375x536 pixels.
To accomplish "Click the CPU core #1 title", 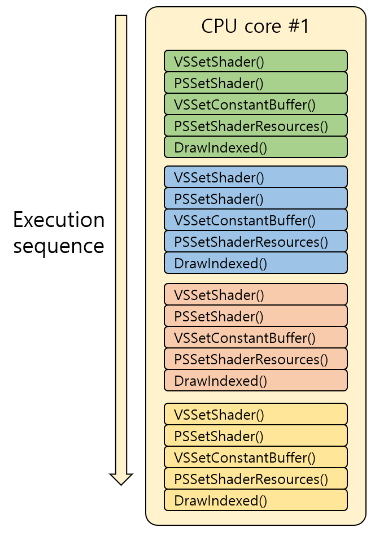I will pos(255,27).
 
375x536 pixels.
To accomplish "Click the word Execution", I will pos(59,220).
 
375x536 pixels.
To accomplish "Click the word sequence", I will pos(59,246).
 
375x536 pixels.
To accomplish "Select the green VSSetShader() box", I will pos(255,61).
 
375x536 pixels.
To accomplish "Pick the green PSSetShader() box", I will pos(255,82).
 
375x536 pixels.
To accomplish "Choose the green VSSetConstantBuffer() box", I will pos(255,104).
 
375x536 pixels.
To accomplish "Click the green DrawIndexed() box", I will pos(255,147).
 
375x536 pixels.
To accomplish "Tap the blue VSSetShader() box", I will pos(255,177).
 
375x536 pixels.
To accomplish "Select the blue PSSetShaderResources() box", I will pos(255,241).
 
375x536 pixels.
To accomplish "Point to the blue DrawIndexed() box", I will pos(255,263).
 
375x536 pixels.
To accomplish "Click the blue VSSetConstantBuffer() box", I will pos(255,220).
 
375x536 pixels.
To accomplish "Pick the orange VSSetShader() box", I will pos(255,294).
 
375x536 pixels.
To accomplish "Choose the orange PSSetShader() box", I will pos(255,316).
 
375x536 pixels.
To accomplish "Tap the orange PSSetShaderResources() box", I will pos(255,359).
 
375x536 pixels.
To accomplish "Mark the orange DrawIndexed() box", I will pos(255,380).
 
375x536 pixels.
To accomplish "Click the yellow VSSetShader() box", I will pos(255,414).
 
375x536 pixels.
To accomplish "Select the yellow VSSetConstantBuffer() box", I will pos(255,457).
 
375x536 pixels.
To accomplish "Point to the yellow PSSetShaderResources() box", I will pos(255,478).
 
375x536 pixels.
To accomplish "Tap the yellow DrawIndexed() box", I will pos(255,500).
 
